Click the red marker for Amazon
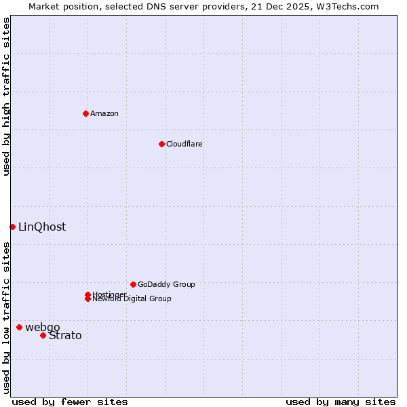[x=85, y=113]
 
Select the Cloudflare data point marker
[x=161, y=144]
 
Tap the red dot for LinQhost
[x=12, y=227]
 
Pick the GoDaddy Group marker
[x=133, y=284]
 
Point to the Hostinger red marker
[x=88, y=294]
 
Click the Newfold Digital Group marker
[x=88, y=298]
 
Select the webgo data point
[x=19, y=327]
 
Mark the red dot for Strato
[x=43, y=335]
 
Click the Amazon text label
[x=104, y=113]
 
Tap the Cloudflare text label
[x=184, y=144]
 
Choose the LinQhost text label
[x=42, y=227]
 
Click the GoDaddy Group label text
[x=166, y=284]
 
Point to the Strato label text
[x=65, y=335]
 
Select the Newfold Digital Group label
[x=132, y=299]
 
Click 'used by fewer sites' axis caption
[x=70, y=402]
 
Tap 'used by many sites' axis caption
[x=341, y=402]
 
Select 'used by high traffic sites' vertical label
[x=6, y=96]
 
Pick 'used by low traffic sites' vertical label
[x=6, y=317]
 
